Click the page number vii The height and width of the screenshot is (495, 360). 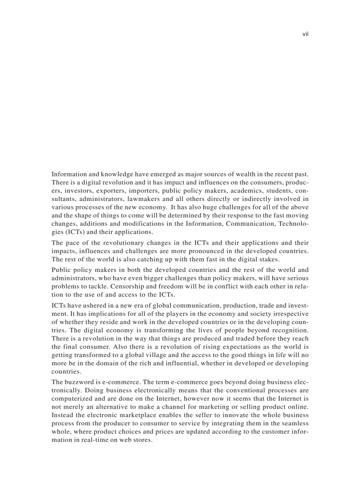pyautogui.click(x=305, y=34)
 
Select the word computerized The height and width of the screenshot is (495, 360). pyautogui.click(x=72, y=398)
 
